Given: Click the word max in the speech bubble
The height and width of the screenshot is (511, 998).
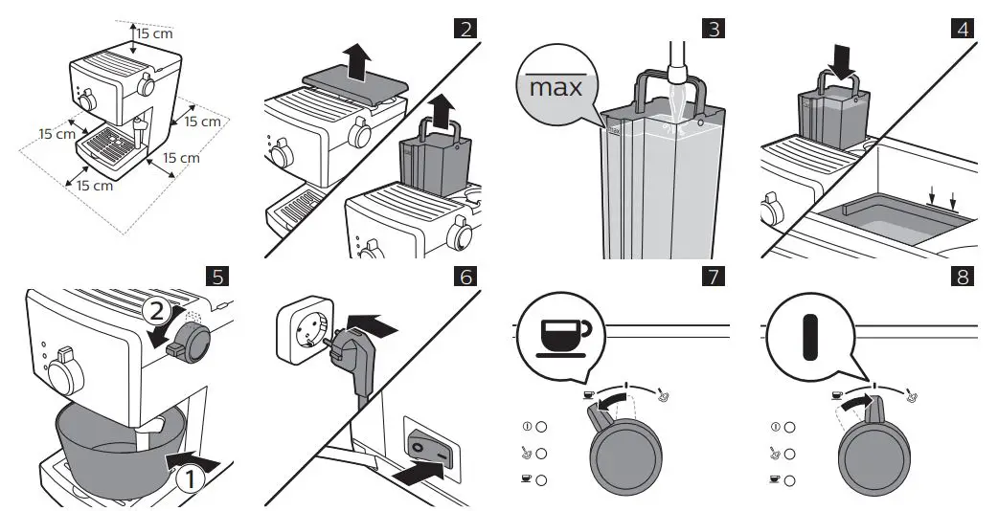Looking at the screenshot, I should click(556, 89).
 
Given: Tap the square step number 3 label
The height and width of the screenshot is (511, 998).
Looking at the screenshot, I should click(714, 29).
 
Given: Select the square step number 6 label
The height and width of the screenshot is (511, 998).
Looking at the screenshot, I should click(466, 277).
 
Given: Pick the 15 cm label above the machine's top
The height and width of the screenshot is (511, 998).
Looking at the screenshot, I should click(154, 33).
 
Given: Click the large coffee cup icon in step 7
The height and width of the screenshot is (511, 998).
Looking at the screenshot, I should click(562, 335).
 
